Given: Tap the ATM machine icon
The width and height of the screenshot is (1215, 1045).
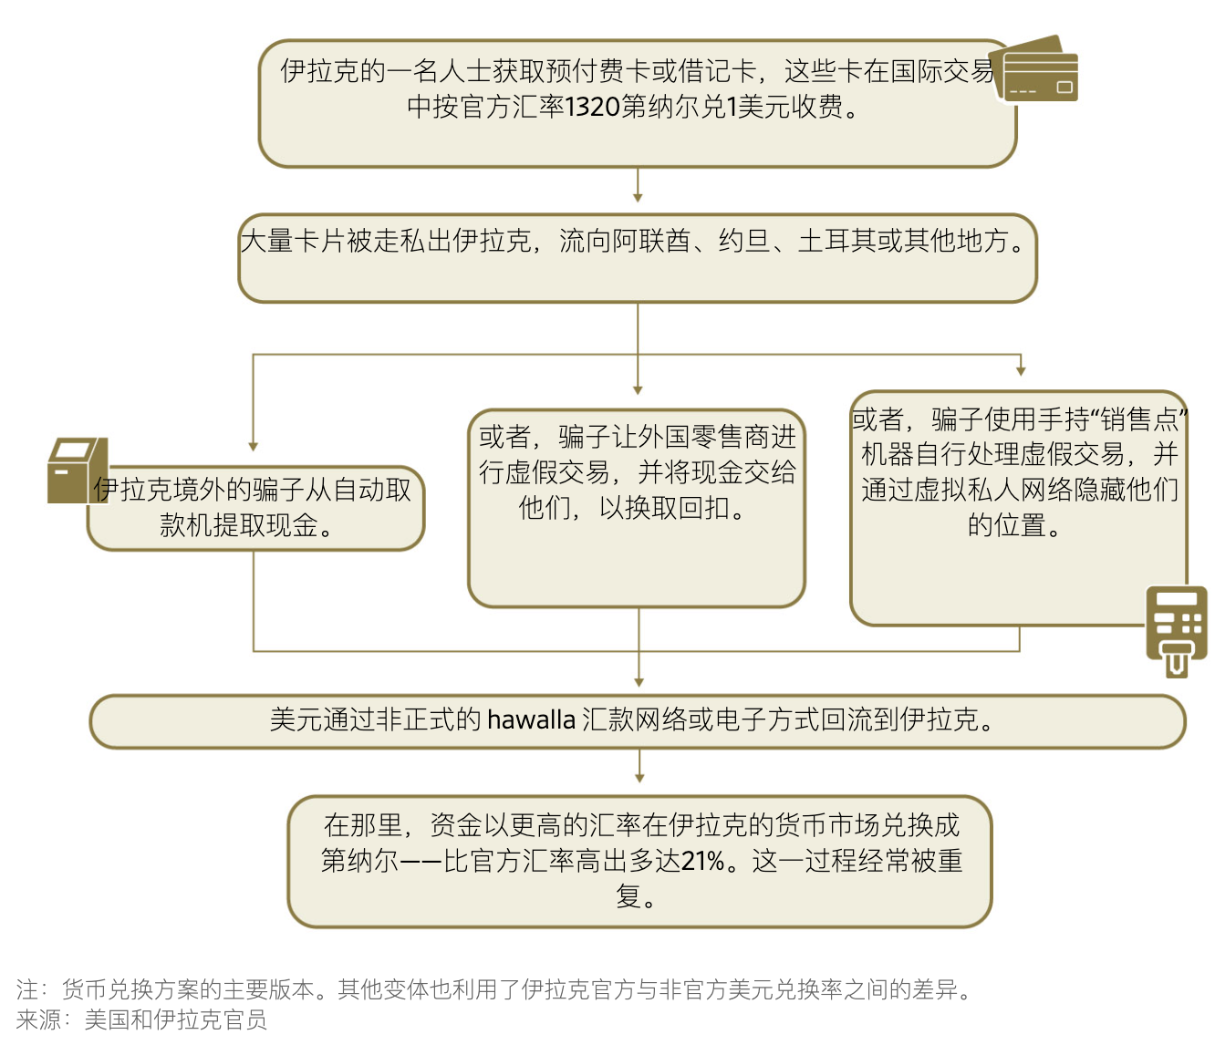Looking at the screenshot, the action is (77, 471).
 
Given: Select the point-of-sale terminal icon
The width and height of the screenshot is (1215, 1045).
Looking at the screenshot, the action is (1176, 632).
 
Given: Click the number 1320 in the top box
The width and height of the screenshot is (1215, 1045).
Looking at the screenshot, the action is (592, 107).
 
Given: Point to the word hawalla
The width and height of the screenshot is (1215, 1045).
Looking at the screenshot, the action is (531, 719).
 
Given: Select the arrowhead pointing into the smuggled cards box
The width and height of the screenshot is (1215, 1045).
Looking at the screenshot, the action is (638, 198).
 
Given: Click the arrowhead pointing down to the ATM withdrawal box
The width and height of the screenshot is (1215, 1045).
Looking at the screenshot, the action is (254, 447).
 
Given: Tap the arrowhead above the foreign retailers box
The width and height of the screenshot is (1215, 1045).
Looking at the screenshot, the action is (638, 390).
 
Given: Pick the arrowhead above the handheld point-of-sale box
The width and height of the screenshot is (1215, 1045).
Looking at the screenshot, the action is (1021, 371).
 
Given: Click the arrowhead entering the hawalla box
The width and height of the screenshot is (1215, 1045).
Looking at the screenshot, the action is (639, 683).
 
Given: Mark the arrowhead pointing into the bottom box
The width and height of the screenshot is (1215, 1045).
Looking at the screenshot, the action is (639, 779).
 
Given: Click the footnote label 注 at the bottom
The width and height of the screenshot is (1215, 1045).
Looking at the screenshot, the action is (27, 989).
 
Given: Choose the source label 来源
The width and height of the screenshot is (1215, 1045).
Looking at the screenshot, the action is (39, 1019).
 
